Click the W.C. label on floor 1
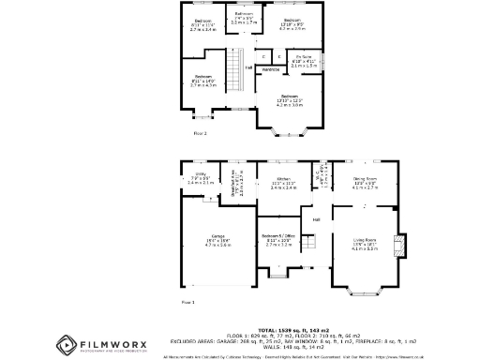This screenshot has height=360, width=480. point(322,172)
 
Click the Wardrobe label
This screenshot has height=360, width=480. point(270,69)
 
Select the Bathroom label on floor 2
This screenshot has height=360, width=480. point(242,18)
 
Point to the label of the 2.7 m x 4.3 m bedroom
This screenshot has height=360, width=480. point(203,82)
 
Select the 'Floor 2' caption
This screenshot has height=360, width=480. point(199,134)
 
